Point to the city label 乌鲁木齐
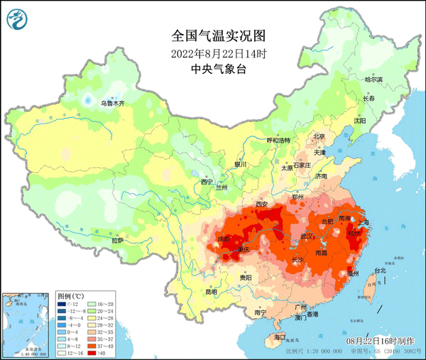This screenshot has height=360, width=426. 112,104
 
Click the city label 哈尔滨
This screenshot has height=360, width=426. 373,80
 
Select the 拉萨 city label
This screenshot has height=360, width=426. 118,241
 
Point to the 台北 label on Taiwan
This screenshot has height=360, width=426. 379,271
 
